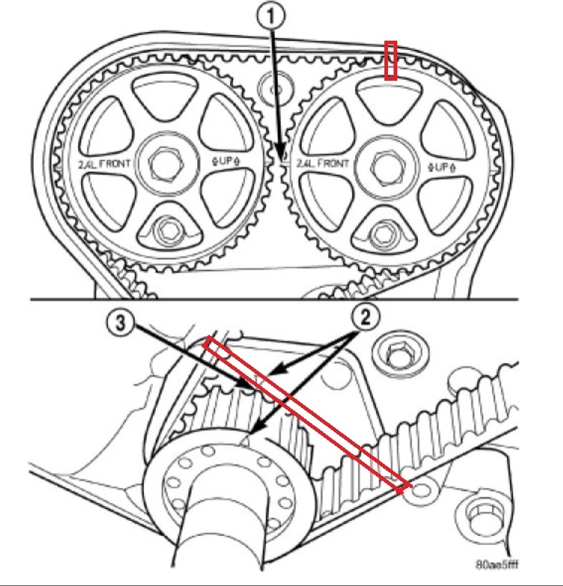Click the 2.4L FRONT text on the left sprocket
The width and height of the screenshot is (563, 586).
tap(104, 164)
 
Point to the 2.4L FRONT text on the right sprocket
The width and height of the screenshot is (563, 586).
tap(323, 164)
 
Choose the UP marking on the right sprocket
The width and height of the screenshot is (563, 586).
tap(442, 167)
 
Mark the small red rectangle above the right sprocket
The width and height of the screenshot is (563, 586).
tap(391, 60)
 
